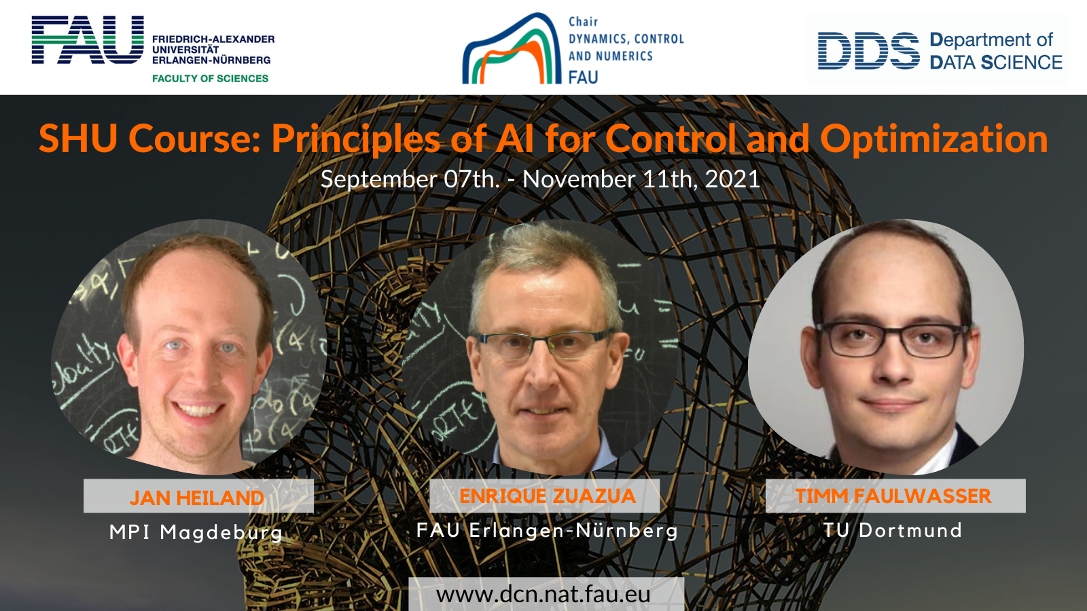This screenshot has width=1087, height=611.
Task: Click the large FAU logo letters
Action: click(x=88, y=40)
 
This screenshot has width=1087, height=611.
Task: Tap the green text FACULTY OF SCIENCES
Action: click(x=210, y=79)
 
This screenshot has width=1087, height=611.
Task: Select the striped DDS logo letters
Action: click(x=869, y=51)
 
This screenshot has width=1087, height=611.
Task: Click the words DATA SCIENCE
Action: click(x=996, y=62)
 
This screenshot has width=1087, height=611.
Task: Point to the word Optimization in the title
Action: click(x=934, y=138)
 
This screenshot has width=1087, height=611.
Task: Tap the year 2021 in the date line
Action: click(x=732, y=179)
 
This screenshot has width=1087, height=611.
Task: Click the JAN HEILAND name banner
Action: click(x=198, y=496)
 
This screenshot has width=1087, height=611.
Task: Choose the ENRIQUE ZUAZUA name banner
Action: click(x=544, y=496)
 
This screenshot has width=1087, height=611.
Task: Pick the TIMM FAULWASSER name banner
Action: click(x=895, y=496)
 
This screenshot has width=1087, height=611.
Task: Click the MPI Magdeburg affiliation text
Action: click(x=196, y=532)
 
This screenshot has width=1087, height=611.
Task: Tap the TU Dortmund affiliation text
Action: click(x=893, y=530)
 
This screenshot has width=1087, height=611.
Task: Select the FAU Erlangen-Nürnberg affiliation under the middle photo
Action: click(x=548, y=530)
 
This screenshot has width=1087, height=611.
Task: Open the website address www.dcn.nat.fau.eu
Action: click(x=543, y=595)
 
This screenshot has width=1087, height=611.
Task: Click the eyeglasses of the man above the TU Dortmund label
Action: click(x=892, y=339)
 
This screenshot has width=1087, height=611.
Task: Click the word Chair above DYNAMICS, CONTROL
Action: click(x=584, y=22)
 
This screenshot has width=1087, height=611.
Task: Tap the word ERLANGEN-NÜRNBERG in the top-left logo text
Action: click(x=211, y=60)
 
